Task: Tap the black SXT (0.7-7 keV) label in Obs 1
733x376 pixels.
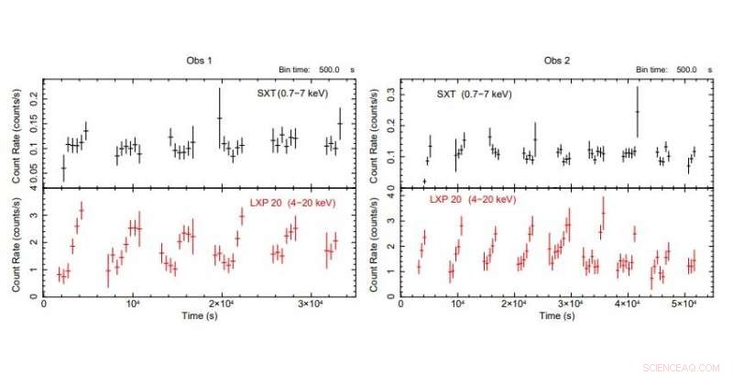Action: [x=291, y=94]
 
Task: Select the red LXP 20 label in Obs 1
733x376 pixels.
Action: [x=292, y=201]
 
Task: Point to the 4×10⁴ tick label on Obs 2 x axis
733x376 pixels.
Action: [x=628, y=304]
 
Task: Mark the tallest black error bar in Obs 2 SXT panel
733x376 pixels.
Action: [x=638, y=110]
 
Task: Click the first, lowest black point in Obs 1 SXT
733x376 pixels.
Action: [x=63, y=168]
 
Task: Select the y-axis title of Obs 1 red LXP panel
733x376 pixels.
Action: [x=17, y=243]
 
